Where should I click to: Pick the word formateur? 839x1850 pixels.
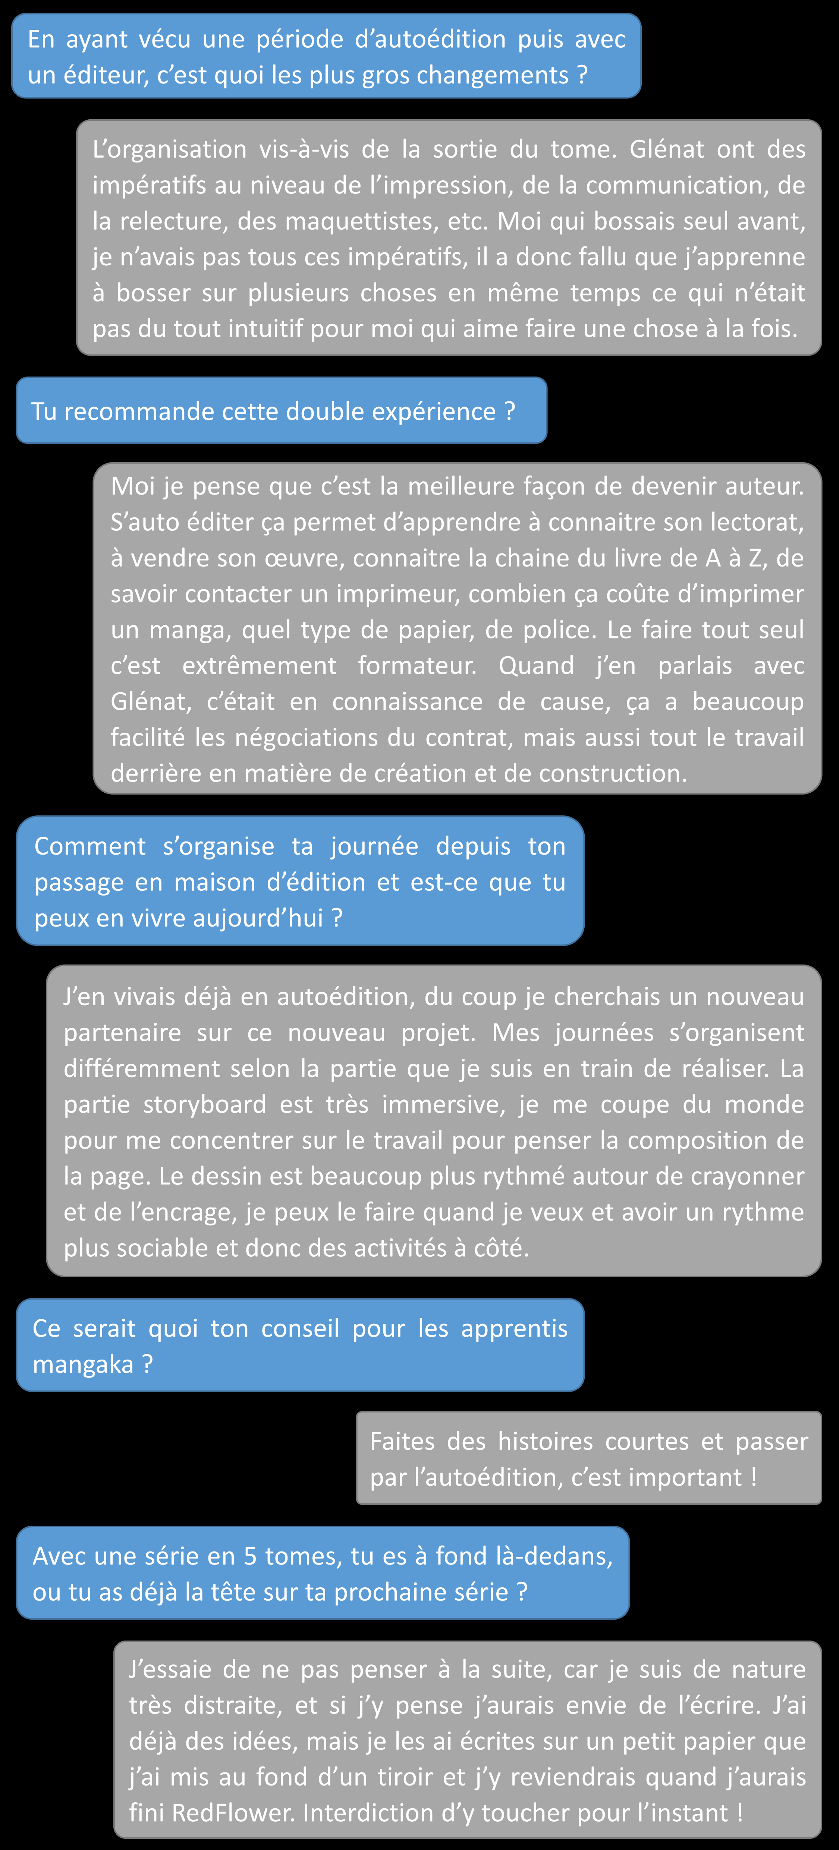pos(417,666)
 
